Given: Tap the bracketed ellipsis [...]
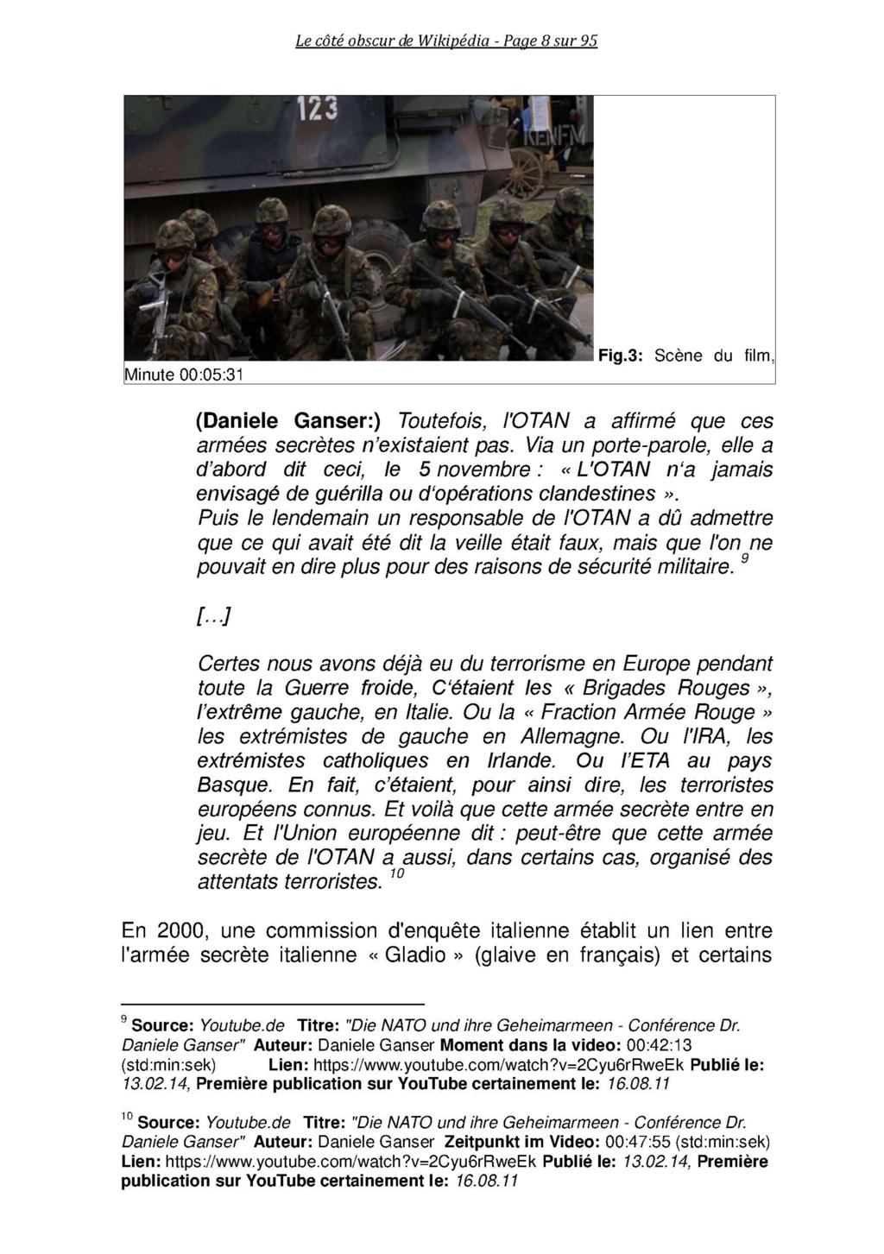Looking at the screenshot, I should (213, 616).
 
